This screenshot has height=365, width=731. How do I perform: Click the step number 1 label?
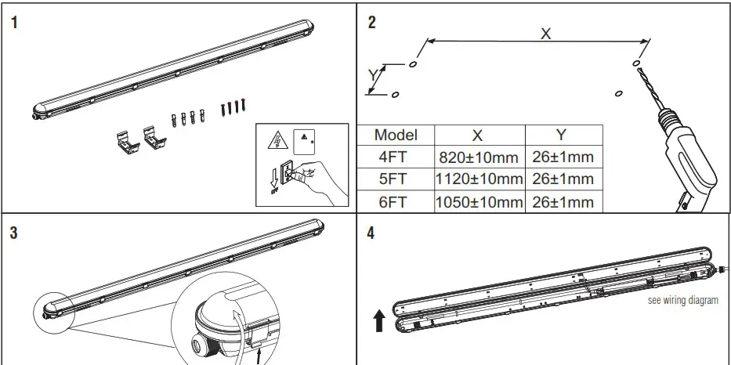pos(15,22)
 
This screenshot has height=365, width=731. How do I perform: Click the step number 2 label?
pos(372,22)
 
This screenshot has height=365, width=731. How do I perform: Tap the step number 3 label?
pos(15,233)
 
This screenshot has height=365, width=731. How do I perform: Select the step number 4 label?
pos(372,233)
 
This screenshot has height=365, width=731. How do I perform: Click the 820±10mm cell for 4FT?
pos(479,157)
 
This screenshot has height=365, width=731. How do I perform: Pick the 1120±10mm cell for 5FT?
pos(479,179)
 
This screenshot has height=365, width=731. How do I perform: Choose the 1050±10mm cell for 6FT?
pos(479,202)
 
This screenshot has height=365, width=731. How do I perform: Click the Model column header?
pos(396,135)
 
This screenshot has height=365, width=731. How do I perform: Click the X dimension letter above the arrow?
pos(546,33)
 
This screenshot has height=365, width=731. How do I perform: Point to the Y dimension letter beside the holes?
pos(373,75)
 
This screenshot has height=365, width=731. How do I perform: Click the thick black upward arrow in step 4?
pos(379,320)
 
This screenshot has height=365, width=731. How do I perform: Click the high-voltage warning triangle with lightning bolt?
pos(276,142)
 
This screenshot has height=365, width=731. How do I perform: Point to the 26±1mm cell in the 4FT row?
pos(563,157)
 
